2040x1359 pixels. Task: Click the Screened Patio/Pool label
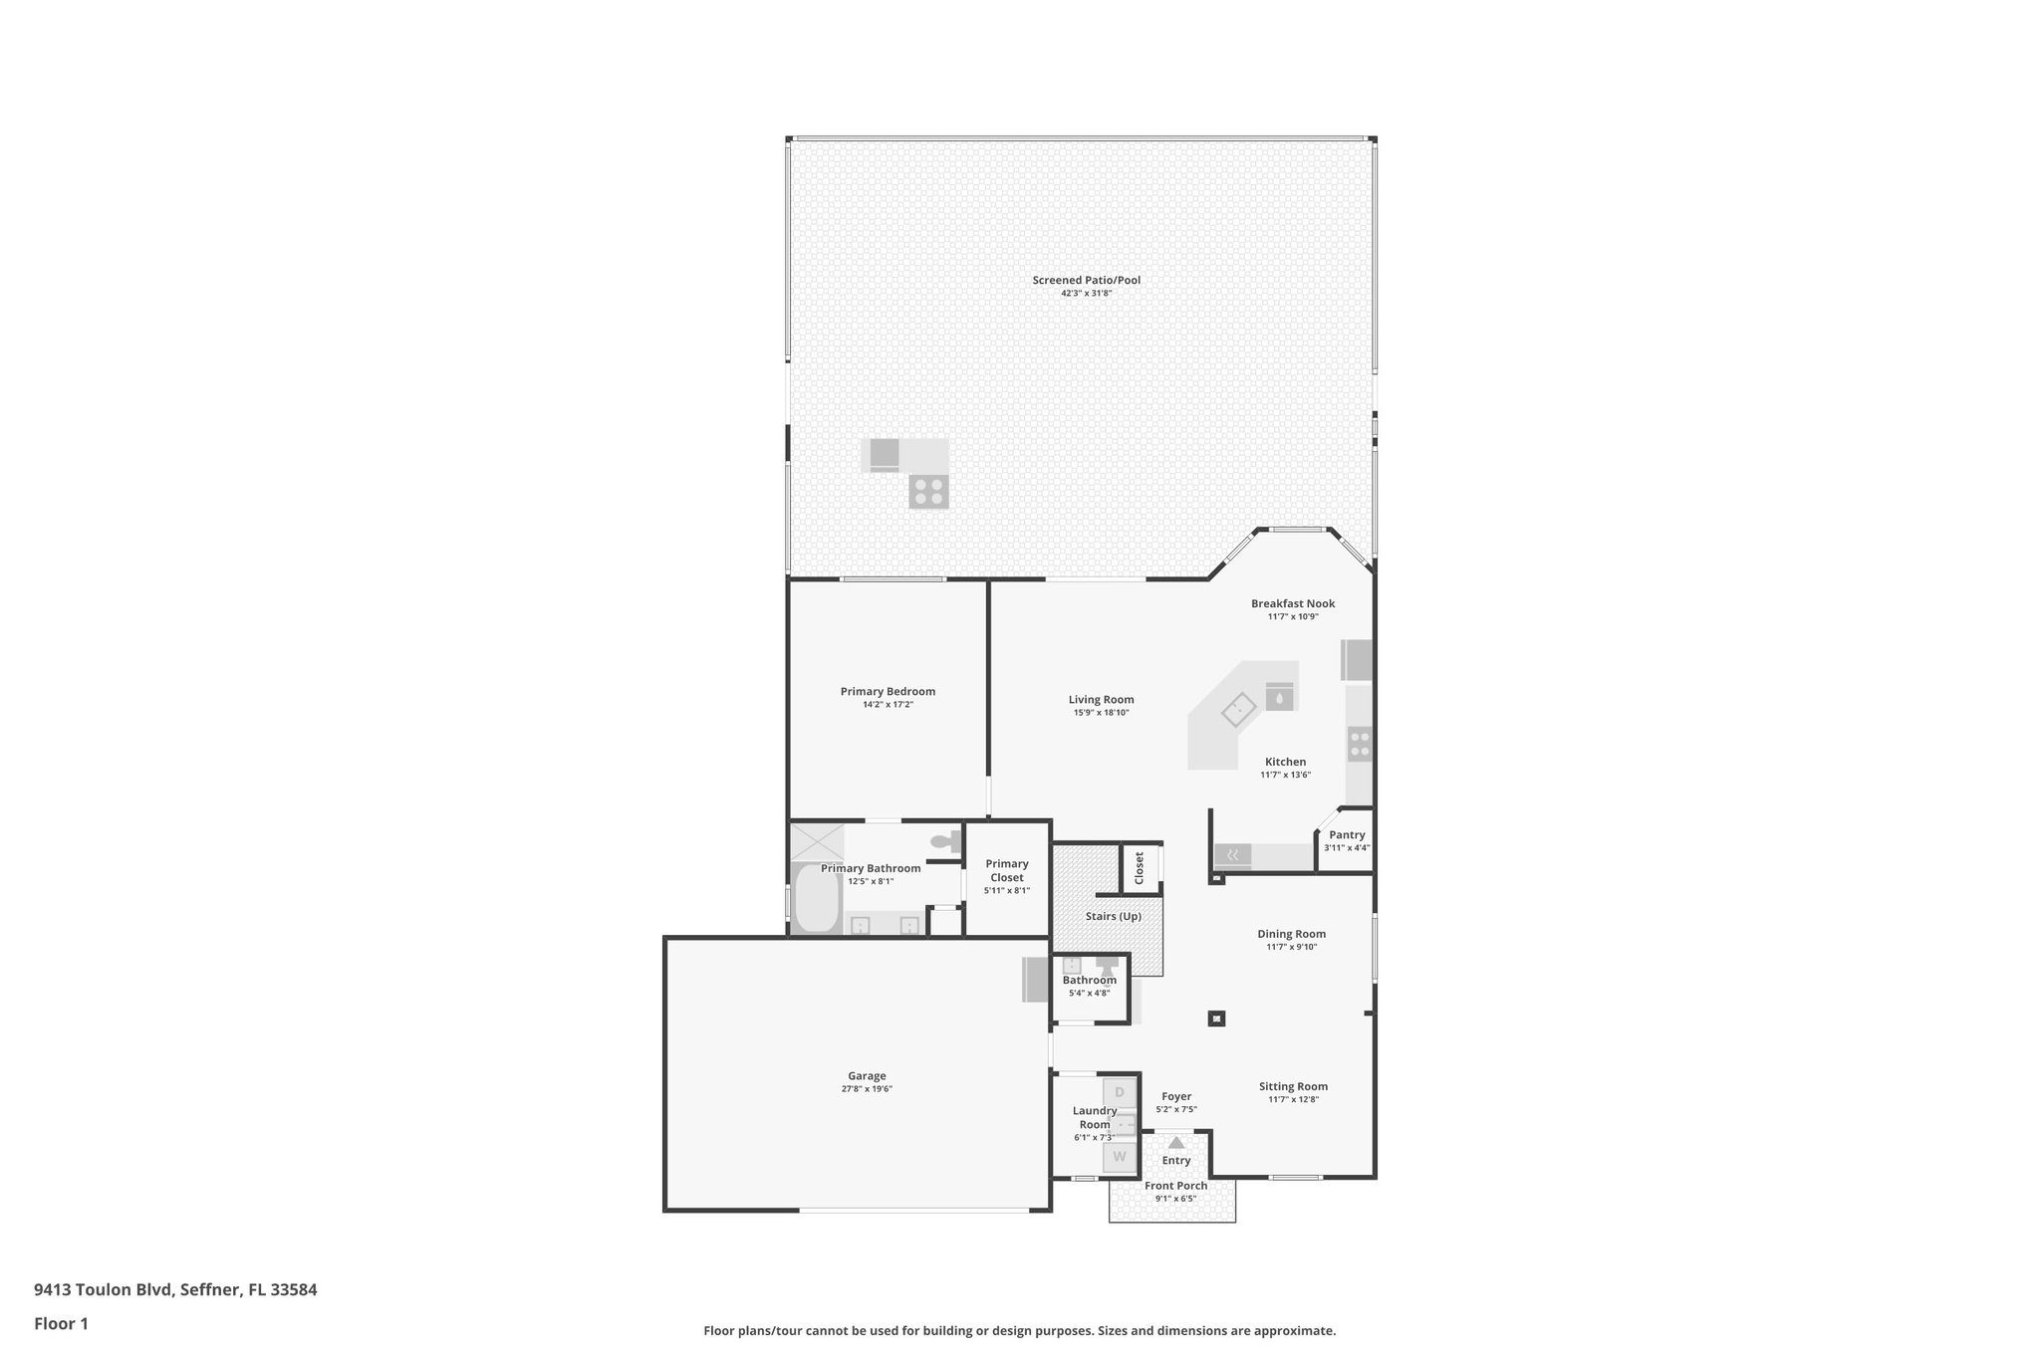tap(1086, 281)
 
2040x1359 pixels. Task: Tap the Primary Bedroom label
tap(888, 692)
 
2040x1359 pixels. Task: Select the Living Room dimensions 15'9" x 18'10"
tap(1101, 713)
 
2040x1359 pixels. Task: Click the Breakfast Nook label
tap(1293, 603)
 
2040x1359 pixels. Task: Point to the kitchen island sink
tap(1238, 710)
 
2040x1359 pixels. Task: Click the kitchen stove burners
tap(1360, 744)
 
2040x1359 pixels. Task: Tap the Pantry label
tap(1347, 835)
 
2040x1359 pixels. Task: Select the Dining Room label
tap(1291, 934)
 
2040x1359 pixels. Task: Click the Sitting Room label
tap(1293, 1086)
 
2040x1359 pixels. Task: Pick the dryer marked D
tap(1119, 1092)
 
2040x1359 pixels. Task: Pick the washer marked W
tap(1119, 1157)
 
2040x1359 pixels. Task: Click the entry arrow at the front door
tap(1176, 1143)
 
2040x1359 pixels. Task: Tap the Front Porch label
tap(1175, 1186)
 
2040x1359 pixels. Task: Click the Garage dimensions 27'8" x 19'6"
tap(867, 1089)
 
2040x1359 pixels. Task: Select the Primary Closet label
tap(1007, 871)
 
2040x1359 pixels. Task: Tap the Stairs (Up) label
tap(1113, 916)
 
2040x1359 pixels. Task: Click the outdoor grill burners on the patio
tap(928, 492)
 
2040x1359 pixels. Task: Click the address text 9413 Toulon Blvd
tap(105, 1290)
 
